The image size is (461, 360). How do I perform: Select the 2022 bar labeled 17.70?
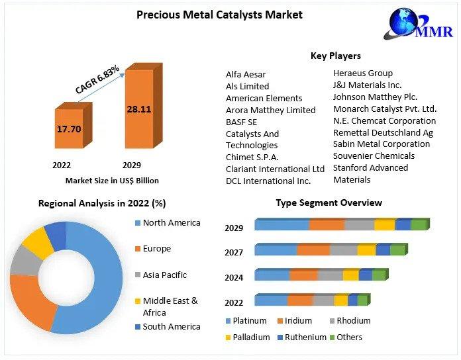pyautogui.click(x=68, y=128)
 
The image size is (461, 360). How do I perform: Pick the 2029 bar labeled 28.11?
pyautogui.click(x=138, y=109)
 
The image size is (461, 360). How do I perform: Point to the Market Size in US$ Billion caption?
pyautogui.click(x=112, y=180)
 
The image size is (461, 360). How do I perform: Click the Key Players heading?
pyautogui.click(x=335, y=56)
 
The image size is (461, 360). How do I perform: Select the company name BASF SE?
pyautogui.click(x=241, y=122)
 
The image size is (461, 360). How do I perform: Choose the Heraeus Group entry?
pyautogui.click(x=362, y=73)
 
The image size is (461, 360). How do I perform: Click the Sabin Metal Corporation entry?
pyautogui.click(x=381, y=144)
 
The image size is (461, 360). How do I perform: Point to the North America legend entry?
pyautogui.click(x=171, y=223)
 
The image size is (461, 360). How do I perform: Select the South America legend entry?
pyautogui.click(x=171, y=326)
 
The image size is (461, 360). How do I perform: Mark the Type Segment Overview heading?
pyautogui.click(x=329, y=202)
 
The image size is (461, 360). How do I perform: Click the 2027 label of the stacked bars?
pyautogui.click(x=234, y=252)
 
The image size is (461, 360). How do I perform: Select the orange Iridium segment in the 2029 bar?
pyautogui.click(x=327, y=225)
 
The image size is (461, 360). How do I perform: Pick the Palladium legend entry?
pyautogui.click(x=251, y=337)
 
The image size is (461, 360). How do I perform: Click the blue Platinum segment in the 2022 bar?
pyautogui.click(x=270, y=300)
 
